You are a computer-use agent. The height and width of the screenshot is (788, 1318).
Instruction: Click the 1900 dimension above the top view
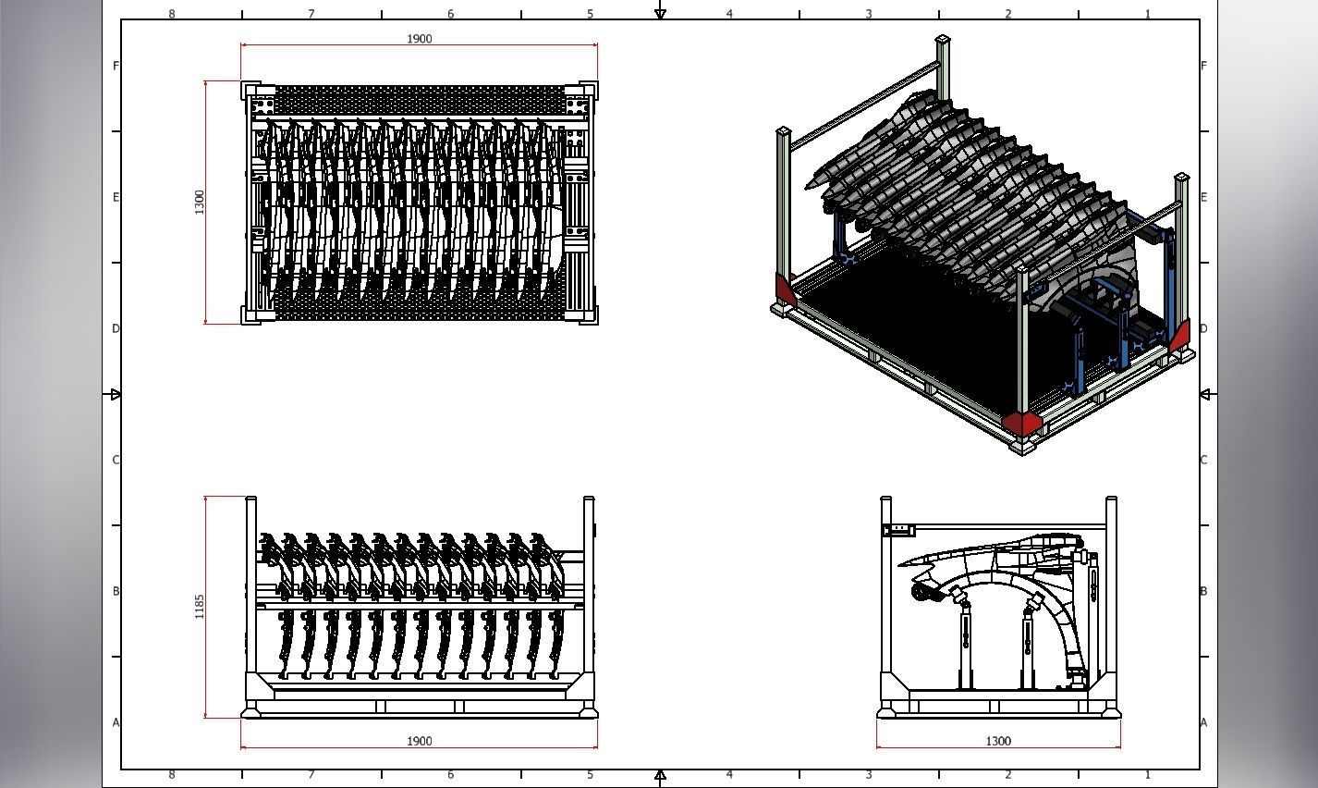point(419,39)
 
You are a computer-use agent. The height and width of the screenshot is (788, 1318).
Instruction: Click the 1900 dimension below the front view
point(419,741)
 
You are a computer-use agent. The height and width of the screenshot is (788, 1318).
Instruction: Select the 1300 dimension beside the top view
point(200,202)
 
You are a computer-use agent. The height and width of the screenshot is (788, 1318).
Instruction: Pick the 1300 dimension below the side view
point(998,741)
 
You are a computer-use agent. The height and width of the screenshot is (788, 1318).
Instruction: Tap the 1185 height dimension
point(200,607)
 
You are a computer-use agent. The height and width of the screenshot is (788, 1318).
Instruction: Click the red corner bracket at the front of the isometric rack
point(1021,423)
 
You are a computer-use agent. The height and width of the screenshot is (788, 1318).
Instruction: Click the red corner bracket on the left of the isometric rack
point(785,289)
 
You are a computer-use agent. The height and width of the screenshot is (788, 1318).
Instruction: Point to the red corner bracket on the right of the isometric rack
point(1180,336)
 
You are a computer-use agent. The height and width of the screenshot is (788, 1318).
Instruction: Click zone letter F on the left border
point(116,66)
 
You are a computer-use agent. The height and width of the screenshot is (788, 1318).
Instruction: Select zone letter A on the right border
point(1203,722)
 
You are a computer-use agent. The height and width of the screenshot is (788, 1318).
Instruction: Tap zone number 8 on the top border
point(172,14)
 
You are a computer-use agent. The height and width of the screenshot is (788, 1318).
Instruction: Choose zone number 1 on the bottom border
point(1148,775)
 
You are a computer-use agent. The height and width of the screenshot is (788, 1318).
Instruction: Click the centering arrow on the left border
point(115,395)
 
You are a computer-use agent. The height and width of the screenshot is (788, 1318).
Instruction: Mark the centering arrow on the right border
point(1205,395)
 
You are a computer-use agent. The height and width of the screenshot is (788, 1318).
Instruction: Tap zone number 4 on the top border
point(729,14)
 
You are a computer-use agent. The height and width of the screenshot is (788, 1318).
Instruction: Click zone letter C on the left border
point(116,460)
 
